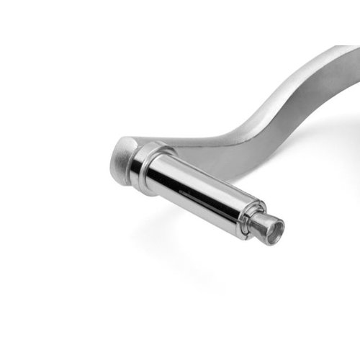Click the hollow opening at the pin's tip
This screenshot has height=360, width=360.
point(274,231)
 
